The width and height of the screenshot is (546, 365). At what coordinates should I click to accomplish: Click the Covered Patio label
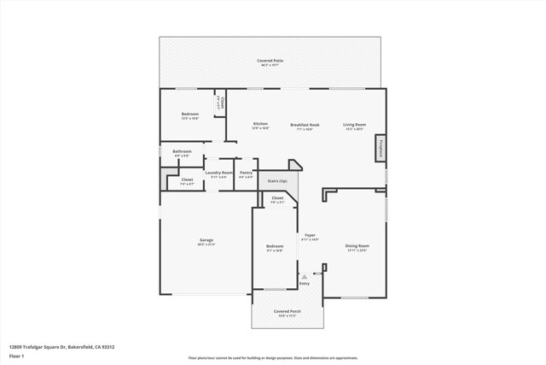[271, 61]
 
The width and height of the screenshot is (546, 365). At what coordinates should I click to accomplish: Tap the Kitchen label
[260, 124]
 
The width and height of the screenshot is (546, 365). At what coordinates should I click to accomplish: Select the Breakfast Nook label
[305, 124]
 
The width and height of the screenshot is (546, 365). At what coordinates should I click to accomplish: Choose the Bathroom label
[183, 152]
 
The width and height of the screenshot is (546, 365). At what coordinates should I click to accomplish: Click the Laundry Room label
[218, 173]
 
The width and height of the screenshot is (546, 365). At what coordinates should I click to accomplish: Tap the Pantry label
[246, 173]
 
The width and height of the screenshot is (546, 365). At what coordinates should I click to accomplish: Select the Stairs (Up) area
[277, 181]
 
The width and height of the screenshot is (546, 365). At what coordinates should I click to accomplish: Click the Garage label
[206, 240]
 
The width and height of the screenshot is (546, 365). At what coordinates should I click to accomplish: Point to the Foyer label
[311, 235]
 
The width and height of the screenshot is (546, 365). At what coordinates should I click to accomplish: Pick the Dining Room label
[357, 246]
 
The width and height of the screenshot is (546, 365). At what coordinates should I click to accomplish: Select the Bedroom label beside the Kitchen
[189, 115]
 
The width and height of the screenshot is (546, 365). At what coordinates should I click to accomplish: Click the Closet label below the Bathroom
[186, 180]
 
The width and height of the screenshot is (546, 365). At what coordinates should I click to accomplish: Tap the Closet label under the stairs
[278, 198]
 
